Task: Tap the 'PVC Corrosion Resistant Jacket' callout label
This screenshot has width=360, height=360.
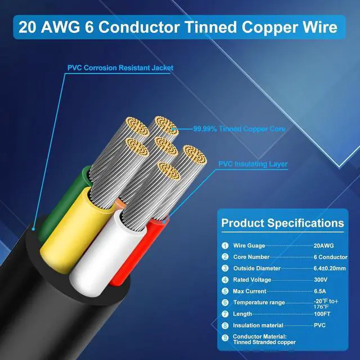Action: point(120,68)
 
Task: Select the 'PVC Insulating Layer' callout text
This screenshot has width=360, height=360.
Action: point(253,164)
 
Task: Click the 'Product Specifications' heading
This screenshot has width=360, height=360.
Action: point(282,223)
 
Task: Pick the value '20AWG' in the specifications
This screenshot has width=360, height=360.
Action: point(323,246)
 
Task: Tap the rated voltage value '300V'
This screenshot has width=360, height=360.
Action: point(321,280)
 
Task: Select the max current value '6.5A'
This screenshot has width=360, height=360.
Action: point(321,291)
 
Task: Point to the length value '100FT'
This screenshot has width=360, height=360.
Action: point(323,314)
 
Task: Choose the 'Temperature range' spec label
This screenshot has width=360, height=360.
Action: point(260,303)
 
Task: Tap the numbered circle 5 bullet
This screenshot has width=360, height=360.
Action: point(225,291)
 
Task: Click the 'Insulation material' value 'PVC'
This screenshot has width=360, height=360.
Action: point(319,325)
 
